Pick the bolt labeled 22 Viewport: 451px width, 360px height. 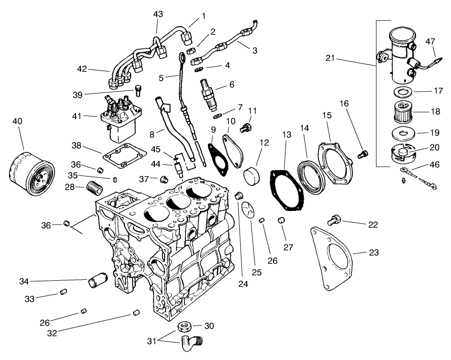[x=333, y=219]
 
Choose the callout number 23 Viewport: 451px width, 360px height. [x=374, y=252]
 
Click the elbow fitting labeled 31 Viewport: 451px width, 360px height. [x=191, y=344]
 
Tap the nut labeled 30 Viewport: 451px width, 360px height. [x=185, y=327]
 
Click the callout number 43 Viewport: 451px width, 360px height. [x=158, y=14]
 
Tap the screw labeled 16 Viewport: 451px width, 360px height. [x=362, y=153]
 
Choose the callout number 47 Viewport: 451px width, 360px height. [x=430, y=42]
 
